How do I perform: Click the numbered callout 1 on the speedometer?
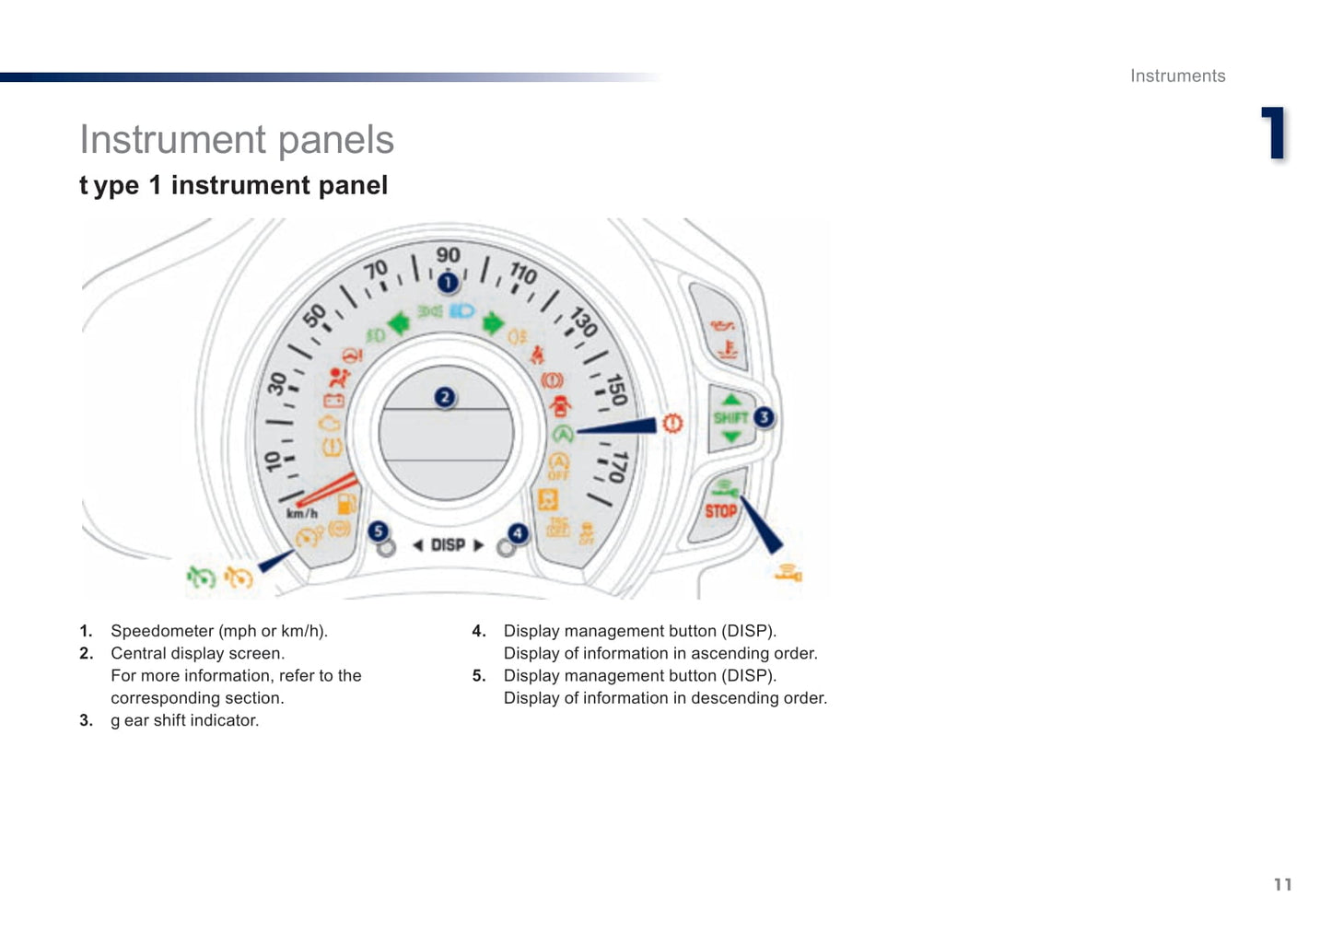448,283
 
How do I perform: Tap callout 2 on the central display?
445,397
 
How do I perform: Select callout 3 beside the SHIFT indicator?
765,417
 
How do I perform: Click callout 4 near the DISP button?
518,533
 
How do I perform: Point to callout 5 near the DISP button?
378,531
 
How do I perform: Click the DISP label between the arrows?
448,545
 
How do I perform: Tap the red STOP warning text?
720,511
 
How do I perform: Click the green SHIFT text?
730,418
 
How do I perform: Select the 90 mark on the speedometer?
448,255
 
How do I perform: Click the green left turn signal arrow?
399,323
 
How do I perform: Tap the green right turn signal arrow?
493,324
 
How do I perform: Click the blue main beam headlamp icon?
461,310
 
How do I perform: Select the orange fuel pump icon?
346,504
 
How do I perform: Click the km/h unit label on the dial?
302,513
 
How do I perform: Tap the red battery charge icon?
333,401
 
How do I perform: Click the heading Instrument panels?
237,140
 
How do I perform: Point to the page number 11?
1283,885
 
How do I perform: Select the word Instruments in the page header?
1178,76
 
